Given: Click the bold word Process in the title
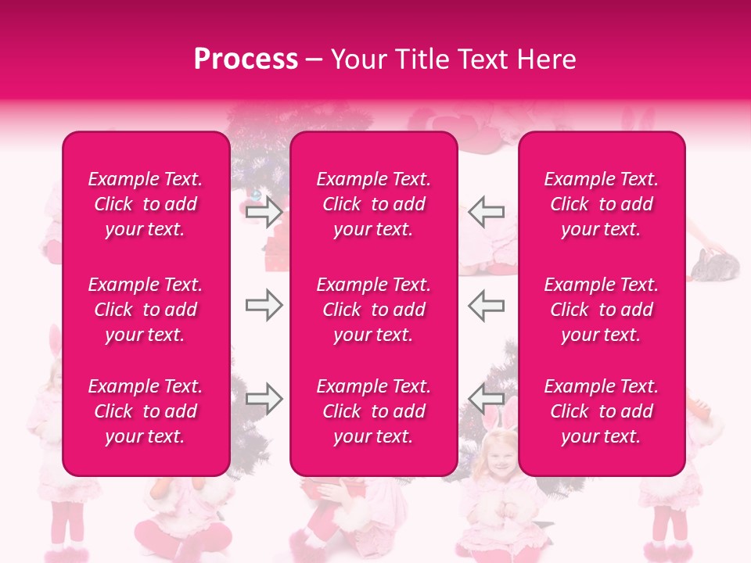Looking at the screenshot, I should coord(246,59).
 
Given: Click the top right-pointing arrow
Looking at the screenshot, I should coord(264,211).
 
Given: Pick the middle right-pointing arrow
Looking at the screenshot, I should coord(264,306).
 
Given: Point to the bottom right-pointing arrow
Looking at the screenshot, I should coord(264,400).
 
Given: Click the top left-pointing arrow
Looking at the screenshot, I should coord(486,211).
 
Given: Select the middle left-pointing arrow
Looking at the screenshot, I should coord(486,306).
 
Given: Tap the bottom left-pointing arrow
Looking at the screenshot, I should coord(486,400).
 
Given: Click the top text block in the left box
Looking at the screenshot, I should coord(146,204).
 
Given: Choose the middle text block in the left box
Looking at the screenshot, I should coord(146,310).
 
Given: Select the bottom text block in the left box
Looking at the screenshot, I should coord(146,411).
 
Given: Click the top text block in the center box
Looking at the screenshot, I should coord(374,204).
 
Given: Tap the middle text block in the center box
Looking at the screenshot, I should coord(374,310).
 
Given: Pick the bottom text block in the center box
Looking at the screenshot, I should coord(374,411).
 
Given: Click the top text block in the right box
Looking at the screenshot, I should coord(602,204).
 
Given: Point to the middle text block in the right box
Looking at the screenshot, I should coord(602,310).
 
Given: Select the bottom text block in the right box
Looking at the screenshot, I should coord(602,411).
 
